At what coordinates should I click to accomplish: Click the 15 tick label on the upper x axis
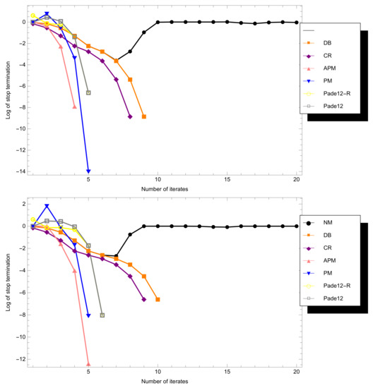click(x=227, y=180)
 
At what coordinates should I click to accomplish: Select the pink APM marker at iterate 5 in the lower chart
click(x=88, y=364)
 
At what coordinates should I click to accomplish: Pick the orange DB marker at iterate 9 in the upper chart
click(x=144, y=116)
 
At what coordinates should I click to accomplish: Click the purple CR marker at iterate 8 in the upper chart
click(x=130, y=116)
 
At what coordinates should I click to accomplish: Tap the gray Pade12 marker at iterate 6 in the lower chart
click(x=102, y=315)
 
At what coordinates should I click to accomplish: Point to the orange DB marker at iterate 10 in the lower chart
click(x=158, y=299)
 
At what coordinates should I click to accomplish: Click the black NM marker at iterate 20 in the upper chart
click(x=296, y=23)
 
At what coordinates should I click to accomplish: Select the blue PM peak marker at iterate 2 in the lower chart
click(x=47, y=206)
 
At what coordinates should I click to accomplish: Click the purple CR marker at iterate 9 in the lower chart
click(x=144, y=299)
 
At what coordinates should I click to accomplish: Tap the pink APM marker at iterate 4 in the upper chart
click(x=75, y=107)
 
